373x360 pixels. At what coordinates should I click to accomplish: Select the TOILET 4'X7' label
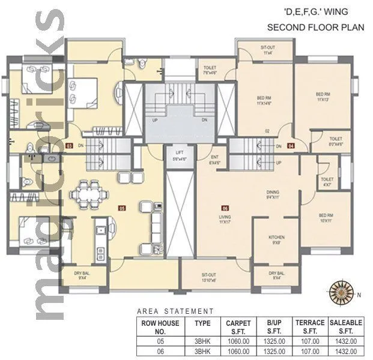[x=327, y=182]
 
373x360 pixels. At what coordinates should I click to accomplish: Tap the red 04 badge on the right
[x=291, y=146]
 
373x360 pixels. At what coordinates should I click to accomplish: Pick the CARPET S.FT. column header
[x=238, y=326]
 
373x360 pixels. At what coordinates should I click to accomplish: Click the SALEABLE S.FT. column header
[x=346, y=326]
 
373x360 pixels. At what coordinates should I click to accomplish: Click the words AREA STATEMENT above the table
[x=175, y=311]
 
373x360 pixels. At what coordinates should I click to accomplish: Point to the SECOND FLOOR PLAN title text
[x=308, y=28]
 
